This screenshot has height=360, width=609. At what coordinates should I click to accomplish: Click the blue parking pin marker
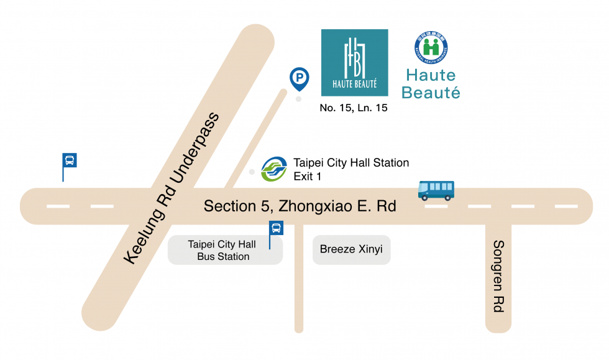click(x=300, y=78)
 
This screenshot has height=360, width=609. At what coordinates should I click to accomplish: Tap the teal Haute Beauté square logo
click(x=354, y=62)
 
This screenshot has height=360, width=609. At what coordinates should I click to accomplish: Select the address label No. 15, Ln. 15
click(x=354, y=108)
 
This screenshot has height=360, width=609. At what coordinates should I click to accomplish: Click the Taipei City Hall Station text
click(x=351, y=163)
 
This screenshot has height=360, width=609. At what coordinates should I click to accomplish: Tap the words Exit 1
click(x=307, y=177)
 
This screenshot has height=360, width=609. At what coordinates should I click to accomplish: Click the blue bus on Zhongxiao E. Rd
click(x=436, y=190)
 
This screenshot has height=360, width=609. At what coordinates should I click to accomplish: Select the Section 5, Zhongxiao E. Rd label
click(x=300, y=206)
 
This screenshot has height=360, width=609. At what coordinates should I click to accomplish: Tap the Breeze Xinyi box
click(x=351, y=250)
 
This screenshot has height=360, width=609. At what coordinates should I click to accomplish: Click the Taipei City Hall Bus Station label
click(x=219, y=251)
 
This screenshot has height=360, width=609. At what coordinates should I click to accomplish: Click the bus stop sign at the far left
click(x=70, y=160)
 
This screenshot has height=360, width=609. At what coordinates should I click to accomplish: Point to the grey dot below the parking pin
click(x=299, y=99)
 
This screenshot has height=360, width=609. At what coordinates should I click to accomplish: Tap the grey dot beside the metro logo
click(x=252, y=172)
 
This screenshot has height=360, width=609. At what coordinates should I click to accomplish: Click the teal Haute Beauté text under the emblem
click(x=431, y=84)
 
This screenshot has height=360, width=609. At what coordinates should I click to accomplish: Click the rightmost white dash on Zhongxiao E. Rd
click(x=565, y=206)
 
